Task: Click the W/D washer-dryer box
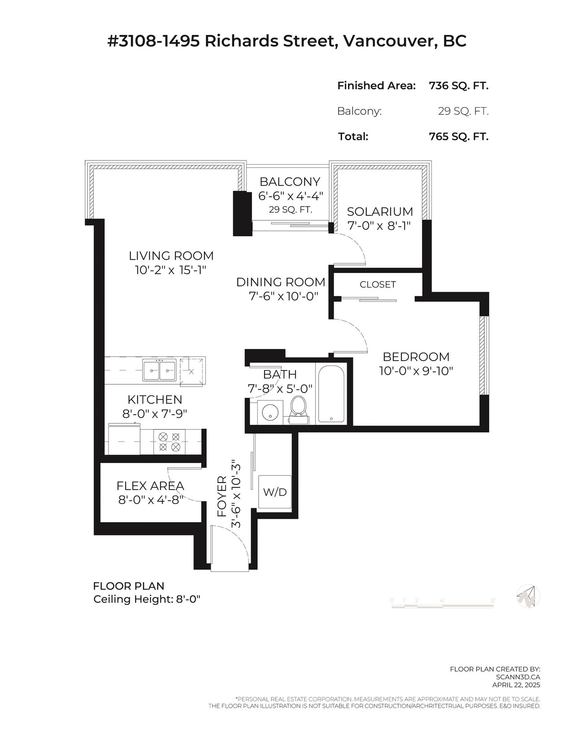click(x=275, y=492)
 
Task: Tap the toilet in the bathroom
click(x=298, y=410)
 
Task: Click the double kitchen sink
click(x=160, y=369)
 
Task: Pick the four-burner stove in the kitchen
click(x=169, y=442)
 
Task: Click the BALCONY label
click(x=290, y=181)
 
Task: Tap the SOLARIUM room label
click(x=380, y=212)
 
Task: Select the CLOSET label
click(x=378, y=284)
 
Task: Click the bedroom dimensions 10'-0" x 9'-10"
click(x=416, y=371)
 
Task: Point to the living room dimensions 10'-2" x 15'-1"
click(x=171, y=270)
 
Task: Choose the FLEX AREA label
click(x=150, y=486)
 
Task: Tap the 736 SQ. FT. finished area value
click(x=459, y=86)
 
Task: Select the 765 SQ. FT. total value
click(x=459, y=137)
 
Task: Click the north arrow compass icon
click(x=528, y=596)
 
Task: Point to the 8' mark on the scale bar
click(x=493, y=600)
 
